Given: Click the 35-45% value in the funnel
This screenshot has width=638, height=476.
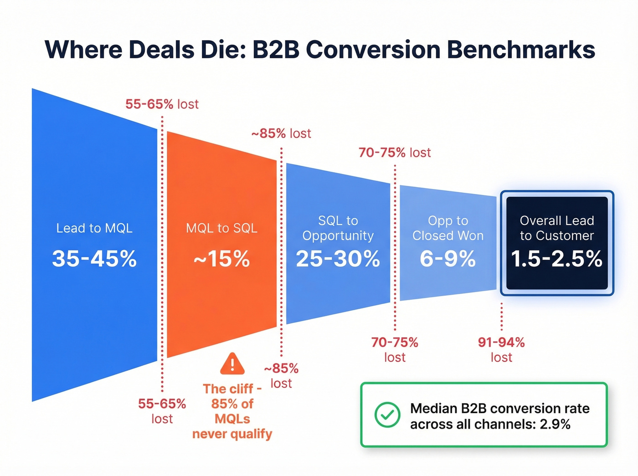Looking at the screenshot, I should point(94,259).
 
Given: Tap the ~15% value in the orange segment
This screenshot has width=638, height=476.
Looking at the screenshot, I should point(221,259).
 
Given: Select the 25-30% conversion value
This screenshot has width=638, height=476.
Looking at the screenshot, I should point(338,259).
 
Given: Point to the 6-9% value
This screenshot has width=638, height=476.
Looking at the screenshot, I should point(448,259).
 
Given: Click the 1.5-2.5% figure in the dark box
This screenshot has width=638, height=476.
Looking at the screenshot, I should point(556,259).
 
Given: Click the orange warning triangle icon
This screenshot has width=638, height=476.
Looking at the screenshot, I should point(232,364).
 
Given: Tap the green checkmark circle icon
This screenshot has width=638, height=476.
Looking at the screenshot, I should point(387,415).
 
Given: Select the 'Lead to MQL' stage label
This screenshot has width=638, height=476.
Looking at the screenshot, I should point(94,228).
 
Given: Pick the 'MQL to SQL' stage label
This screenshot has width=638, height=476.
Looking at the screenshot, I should point(221,228).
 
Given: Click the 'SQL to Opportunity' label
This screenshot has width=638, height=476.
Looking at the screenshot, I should point(338,228).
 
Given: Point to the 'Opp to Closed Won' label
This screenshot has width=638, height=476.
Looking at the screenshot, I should point(448,228).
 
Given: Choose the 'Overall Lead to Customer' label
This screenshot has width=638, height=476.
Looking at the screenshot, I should point(556,228).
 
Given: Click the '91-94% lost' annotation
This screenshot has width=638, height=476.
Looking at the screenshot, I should point(501,349).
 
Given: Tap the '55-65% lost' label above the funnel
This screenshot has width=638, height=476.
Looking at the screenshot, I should point(162,104).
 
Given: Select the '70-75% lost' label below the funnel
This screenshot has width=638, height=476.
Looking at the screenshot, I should point(395,349).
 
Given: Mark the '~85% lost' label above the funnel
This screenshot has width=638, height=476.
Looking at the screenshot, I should point(281,133).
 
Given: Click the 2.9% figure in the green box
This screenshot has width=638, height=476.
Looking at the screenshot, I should point(555,425).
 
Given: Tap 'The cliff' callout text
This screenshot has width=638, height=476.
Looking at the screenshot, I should point(232,389).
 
